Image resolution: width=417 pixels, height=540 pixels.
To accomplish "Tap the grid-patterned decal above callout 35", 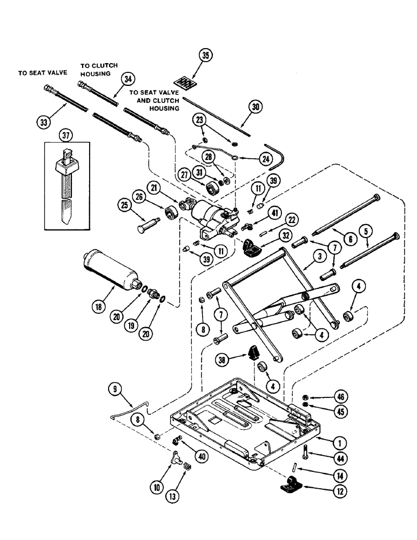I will pyautogui.click(x=190, y=83).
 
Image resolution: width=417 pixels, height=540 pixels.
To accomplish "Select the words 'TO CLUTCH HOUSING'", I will pyautogui.click(x=99, y=70).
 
